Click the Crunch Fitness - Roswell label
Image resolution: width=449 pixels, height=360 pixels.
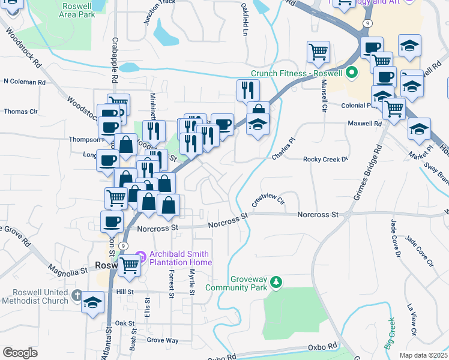(296, 74)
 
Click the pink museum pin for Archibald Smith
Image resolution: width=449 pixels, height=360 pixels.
(142, 257)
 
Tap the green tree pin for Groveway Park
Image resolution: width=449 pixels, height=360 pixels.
(276, 281)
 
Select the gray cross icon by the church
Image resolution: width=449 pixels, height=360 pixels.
(76, 295)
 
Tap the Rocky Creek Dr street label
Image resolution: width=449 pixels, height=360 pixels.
(325, 160)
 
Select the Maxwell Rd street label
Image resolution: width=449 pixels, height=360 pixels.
(364, 124)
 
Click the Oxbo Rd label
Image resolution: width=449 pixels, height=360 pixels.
(323, 347)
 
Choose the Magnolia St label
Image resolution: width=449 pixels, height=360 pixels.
(67, 271)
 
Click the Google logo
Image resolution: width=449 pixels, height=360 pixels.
(20, 353)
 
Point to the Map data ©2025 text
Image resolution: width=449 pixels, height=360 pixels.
(423, 355)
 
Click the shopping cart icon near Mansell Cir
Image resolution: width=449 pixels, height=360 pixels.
(318, 53)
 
